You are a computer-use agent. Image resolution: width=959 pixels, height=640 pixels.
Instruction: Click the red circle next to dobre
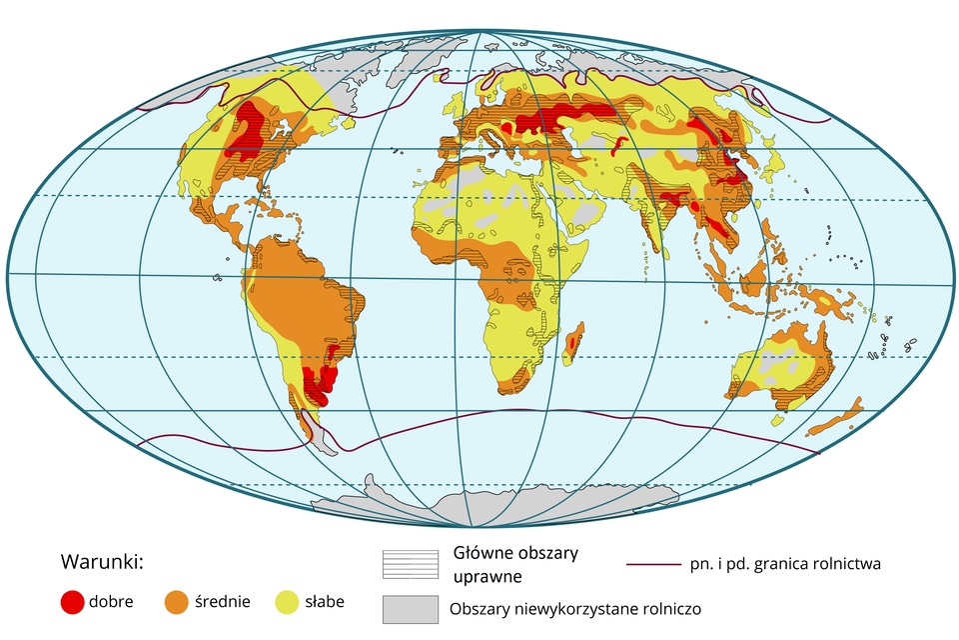(x=72, y=602)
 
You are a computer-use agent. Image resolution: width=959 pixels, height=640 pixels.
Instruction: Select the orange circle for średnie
(x=177, y=602)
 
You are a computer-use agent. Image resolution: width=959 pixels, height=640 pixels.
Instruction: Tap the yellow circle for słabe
(x=288, y=602)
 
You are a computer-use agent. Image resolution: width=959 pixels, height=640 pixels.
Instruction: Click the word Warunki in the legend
(x=103, y=561)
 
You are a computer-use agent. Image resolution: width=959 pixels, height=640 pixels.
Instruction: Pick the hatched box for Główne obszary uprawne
(x=410, y=564)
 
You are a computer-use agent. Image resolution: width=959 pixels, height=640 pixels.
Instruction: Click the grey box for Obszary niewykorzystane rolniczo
(x=410, y=608)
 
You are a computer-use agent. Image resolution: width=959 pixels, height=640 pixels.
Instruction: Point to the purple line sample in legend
(x=653, y=564)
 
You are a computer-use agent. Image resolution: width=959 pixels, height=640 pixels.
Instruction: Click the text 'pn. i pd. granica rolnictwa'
(x=785, y=564)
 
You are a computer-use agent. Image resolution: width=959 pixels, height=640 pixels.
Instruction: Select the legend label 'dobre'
(x=112, y=602)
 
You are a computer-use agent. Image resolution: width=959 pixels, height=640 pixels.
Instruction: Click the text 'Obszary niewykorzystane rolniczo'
(x=575, y=608)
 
